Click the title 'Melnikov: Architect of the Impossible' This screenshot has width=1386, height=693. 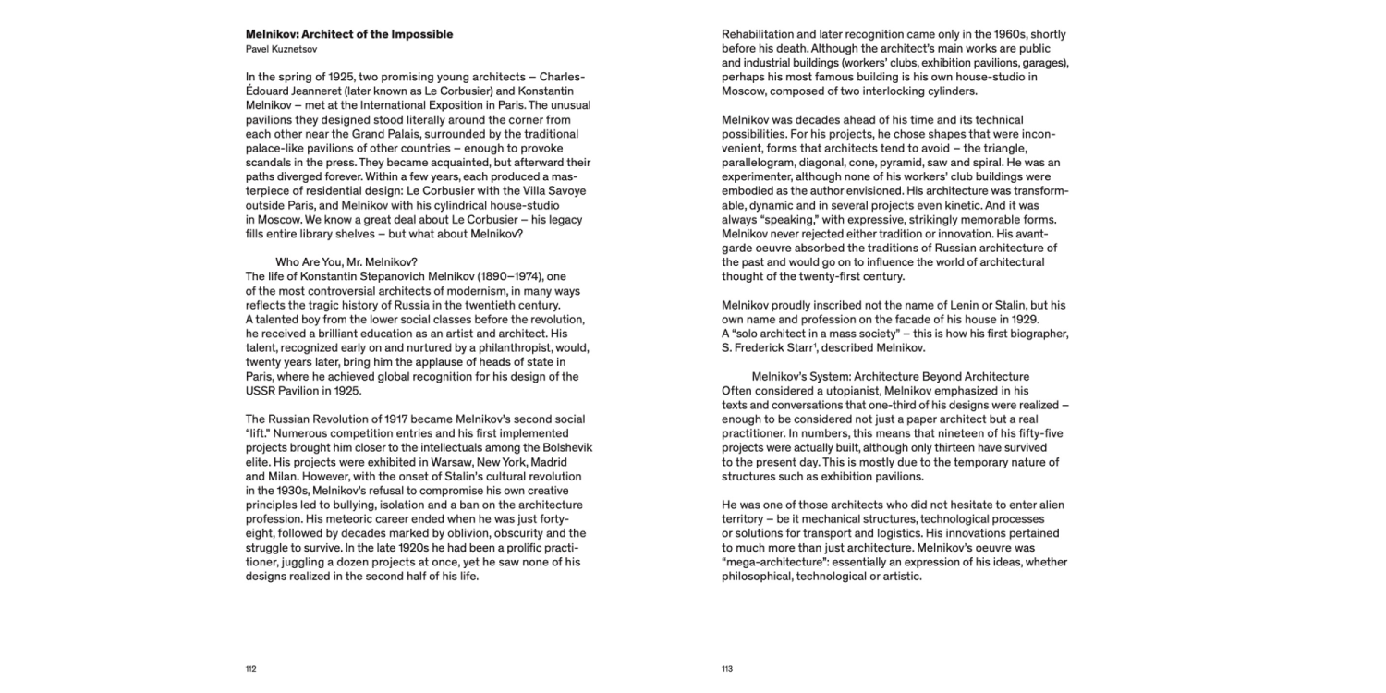(349, 35)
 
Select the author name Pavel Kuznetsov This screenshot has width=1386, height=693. (282, 49)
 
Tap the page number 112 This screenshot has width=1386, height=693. (250, 668)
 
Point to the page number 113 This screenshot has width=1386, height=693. (727, 668)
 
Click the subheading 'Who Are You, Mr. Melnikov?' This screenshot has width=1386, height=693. (346, 261)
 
